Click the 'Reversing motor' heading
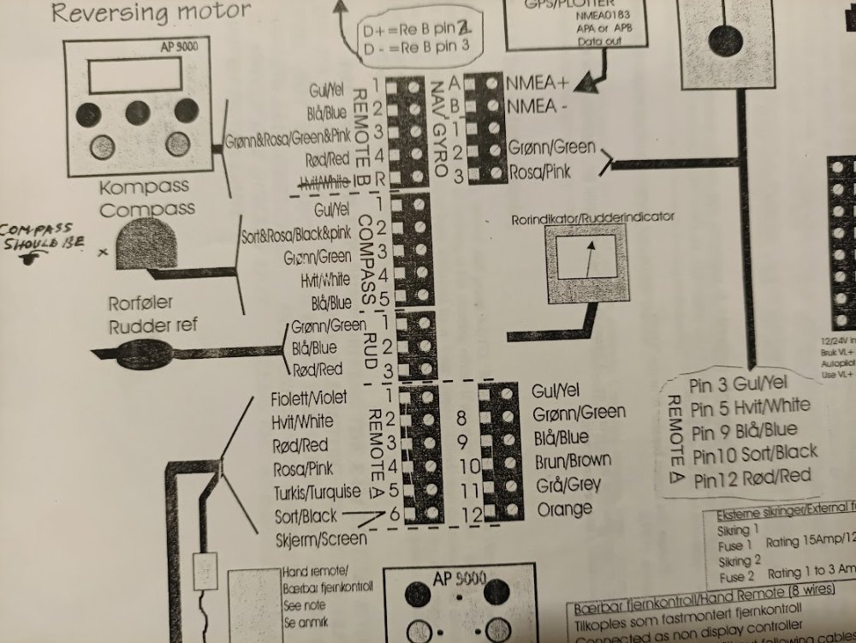click(152, 12)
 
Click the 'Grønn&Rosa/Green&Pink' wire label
click(288, 140)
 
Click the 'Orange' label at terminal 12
click(564, 509)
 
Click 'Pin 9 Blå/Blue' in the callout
click(743, 431)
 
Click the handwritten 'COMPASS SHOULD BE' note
click(43, 236)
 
